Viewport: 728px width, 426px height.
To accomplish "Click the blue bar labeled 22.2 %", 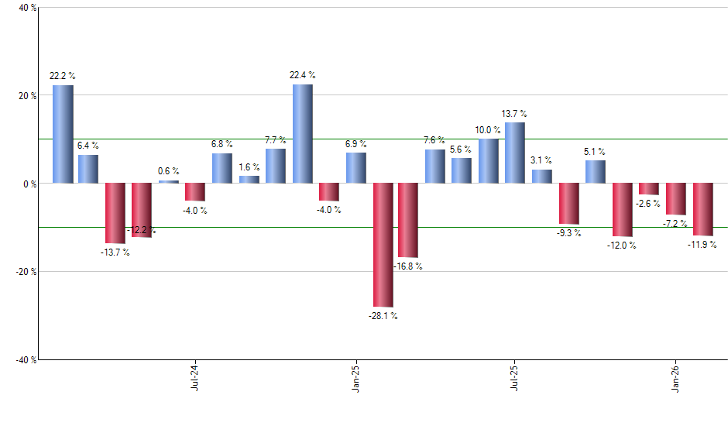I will point(63,134).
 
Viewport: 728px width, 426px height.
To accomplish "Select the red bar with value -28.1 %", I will point(383,245).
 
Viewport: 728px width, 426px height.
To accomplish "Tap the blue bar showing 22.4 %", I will point(303,134).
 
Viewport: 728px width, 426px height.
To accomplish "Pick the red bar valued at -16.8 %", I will point(408,220).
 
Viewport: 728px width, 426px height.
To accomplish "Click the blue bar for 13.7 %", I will point(515,153).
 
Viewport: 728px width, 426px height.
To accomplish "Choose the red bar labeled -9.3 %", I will point(568,203).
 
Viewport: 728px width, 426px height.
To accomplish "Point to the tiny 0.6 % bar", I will point(169,182).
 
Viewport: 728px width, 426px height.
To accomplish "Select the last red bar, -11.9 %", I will point(702,209).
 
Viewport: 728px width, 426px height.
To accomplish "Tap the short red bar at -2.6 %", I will point(649,189).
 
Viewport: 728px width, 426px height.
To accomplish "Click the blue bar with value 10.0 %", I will point(489,161).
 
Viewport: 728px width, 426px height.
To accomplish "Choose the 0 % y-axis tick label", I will point(29,184).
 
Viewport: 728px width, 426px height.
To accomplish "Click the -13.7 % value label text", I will point(115,253).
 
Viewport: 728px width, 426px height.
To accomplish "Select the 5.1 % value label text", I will point(595,152).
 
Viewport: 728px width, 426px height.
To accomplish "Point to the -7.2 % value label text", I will point(676,224).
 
